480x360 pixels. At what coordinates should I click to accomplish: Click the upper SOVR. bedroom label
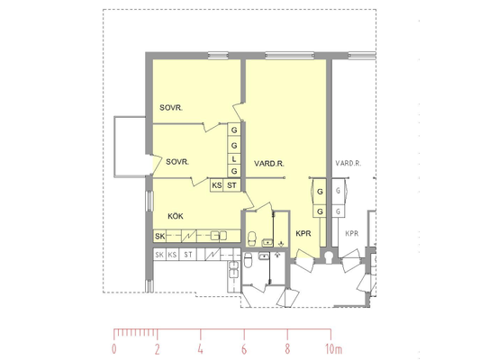click(x=171, y=108)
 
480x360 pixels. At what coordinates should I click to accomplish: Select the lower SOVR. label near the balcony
click(x=177, y=161)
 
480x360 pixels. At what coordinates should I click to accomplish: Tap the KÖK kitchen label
click(x=176, y=216)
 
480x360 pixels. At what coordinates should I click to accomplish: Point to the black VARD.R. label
click(x=269, y=164)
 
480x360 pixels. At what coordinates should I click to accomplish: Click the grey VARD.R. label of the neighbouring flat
click(x=349, y=163)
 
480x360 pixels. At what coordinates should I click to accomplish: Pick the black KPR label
click(x=303, y=234)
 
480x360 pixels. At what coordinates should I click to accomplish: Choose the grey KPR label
click(x=352, y=234)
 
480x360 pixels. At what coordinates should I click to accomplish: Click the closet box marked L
click(x=234, y=159)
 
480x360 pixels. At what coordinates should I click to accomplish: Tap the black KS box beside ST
click(x=217, y=185)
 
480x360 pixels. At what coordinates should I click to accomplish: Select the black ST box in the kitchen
click(x=231, y=185)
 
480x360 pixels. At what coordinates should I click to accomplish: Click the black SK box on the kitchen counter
click(x=159, y=236)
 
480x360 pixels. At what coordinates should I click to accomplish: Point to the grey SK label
click(x=159, y=255)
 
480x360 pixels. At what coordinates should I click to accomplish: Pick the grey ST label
click(x=188, y=255)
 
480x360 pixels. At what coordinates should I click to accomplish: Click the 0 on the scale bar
click(x=114, y=349)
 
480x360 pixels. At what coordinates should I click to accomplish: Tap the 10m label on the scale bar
click(x=334, y=349)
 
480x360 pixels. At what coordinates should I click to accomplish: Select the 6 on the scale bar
click(x=244, y=349)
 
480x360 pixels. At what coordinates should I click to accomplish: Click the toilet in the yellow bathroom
click(x=252, y=238)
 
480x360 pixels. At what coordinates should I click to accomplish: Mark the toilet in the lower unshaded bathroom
click(x=248, y=260)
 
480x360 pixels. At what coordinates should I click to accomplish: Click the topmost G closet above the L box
click(x=234, y=130)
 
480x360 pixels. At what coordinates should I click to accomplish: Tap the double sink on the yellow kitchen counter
click(x=219, y=236)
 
